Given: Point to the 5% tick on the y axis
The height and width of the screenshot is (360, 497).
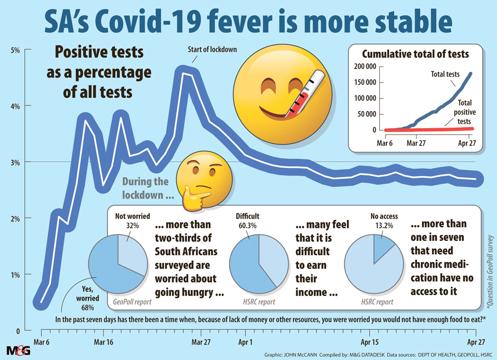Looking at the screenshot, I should tap(14, 50).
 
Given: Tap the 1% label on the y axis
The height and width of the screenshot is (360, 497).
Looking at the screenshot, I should tap(14, 275).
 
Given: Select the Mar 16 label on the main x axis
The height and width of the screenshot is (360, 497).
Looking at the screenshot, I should tap(103, 342).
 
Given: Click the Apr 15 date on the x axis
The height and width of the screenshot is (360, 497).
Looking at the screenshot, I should tap(370, 342).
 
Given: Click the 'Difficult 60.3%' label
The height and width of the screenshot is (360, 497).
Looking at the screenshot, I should tap(248, 221).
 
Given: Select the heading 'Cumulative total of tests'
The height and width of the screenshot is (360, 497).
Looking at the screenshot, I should tap(415, 54).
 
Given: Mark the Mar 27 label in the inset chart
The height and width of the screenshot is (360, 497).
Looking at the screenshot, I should tap(418, 141).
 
